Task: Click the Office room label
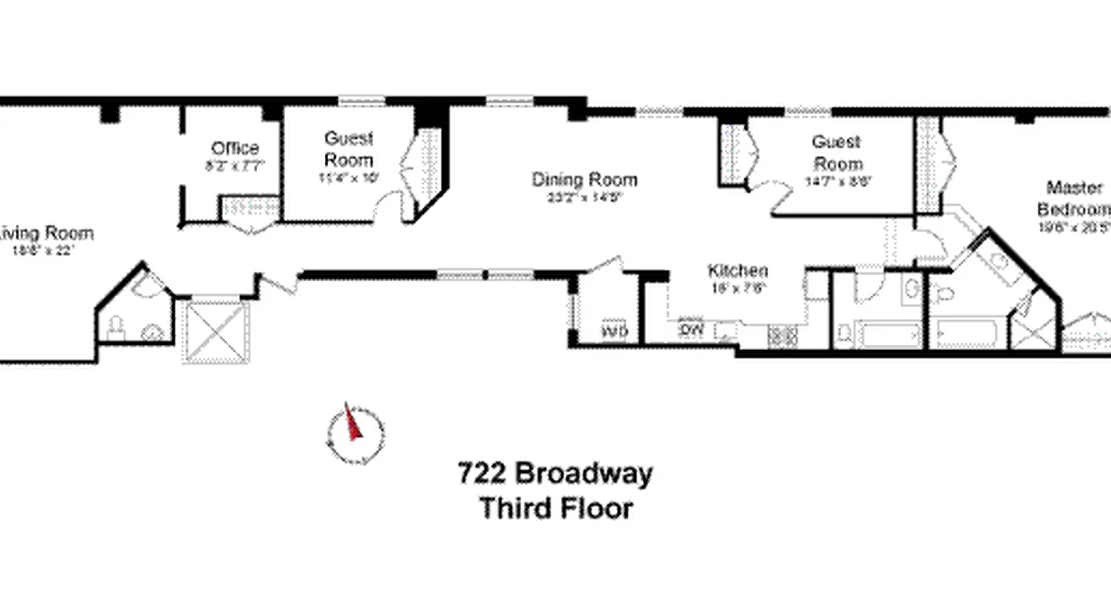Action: (234, 148)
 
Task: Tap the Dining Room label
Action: (584, 180)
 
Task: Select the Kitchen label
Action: (737, 271)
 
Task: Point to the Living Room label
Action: (47, 234)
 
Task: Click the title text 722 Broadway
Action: (555, 473)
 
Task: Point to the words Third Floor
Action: (555, 509)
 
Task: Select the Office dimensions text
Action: (234, 166)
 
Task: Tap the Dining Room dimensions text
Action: (584, 198)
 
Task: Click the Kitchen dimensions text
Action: (737, 289)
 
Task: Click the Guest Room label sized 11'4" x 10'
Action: (348, 149)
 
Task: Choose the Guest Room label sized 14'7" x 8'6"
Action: (836, 152)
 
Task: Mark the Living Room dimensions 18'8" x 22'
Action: (44, 250)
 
